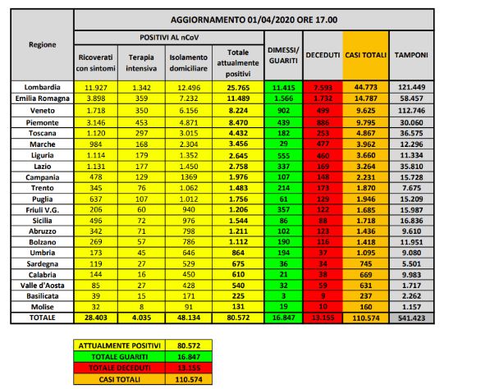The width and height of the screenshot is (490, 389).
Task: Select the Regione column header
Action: click(x=42, y=44)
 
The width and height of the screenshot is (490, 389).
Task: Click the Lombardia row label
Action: click(x=42, y=86)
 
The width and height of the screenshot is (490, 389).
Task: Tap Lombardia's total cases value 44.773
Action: click(x=364, y=86)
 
